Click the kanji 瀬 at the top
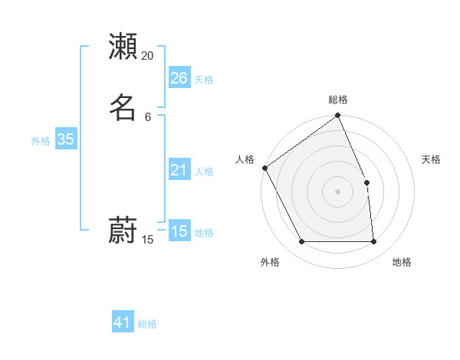point(123,47)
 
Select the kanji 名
point(123,106)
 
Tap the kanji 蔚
point(123,229)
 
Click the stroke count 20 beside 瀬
point(148,56)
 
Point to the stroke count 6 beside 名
point(148,116)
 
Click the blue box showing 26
point(179,78)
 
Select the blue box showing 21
point(179,170)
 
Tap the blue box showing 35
point(66,139)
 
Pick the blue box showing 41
point(123,322)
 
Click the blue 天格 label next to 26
point(204,80)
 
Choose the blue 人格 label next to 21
point(204,172)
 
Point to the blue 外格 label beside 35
point(41,141)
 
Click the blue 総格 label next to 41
point(147,324)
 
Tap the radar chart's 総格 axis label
point(338,100)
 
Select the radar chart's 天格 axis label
point(431,159)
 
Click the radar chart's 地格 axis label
point(402,262)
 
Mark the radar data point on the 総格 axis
point(338,116)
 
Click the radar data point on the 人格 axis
point(264,168)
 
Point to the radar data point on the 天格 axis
point(366,182)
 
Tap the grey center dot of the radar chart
point(338,191)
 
